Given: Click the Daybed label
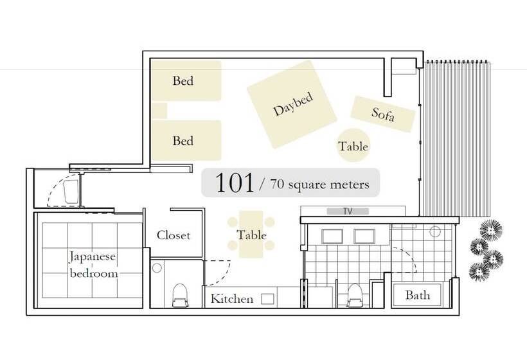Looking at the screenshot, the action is click(x=293, y=104).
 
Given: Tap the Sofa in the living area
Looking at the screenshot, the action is click(x=383, y=114).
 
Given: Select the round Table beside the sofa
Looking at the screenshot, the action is click(x=353, y=145).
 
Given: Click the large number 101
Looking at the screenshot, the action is click(x=235, y=183).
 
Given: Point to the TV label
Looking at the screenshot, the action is click(x=348, y=211).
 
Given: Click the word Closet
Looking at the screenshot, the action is click(x=174, y=235).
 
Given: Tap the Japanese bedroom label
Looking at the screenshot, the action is click(x=93, y=265).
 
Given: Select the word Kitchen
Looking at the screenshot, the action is click(x=232, y=298).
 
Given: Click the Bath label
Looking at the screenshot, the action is click(x=418, y=295).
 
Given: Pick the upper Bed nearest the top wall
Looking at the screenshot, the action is click(x=186, y=80).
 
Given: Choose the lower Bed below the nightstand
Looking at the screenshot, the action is click(x=186, y=140).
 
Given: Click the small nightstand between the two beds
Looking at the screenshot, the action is click(x=159, y=111).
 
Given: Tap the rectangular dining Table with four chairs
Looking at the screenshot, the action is click(x=251, y=234).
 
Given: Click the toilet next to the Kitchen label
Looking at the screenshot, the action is click(x=180, y=295).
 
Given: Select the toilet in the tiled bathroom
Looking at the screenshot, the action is click(x=355, y=295).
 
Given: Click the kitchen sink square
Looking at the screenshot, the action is click(x=267, y=299).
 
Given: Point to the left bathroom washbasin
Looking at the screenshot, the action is click(x=332, y=236).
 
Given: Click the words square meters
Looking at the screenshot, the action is click(x=328, y=184).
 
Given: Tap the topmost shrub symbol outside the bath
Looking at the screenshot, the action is click(x=491, y=230).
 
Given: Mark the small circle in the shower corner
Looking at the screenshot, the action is click(x=435, y=231).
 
